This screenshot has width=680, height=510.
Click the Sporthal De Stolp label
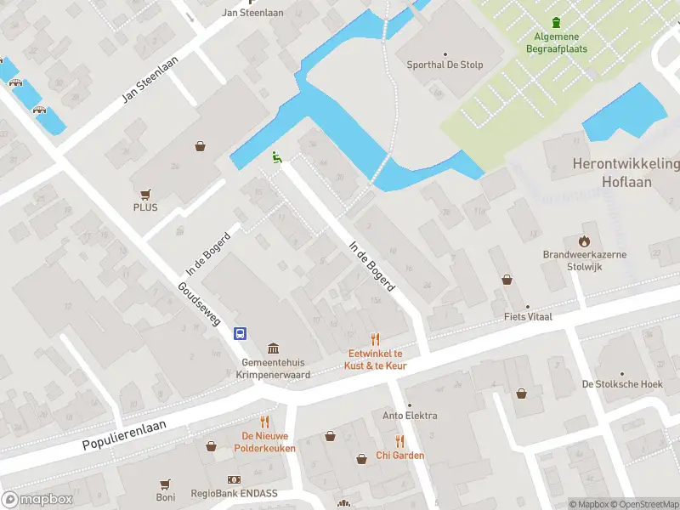445,64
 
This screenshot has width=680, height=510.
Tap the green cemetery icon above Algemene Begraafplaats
557,22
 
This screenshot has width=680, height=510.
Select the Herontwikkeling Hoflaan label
626,172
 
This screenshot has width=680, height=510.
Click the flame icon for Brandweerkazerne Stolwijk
584,241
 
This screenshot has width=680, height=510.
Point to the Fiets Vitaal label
527,317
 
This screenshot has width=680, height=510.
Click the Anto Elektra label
410,416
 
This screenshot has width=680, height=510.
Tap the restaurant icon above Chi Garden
399,440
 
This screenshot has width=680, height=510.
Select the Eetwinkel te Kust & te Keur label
376,360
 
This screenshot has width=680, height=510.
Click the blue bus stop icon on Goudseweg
241,333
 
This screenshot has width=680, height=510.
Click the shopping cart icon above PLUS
145,194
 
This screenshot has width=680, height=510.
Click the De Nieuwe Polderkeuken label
264,441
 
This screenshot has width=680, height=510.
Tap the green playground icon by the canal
276,156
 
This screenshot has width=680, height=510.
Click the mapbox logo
37,499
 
